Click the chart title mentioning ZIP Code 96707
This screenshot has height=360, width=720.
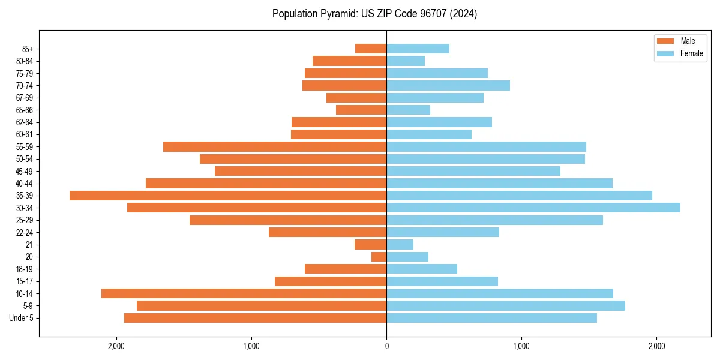(374, 14)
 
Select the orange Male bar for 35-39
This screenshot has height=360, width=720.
(228, 196)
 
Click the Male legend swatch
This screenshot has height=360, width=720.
(665, 41)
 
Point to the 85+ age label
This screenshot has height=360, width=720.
(28, 49)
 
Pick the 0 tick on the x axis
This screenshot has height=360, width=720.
(386, 346)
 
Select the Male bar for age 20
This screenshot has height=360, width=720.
(379, 257)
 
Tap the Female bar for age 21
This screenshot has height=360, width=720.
(400, 245)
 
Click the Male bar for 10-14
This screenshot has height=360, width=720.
(244, 293)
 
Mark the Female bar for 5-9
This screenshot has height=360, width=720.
(505, 306)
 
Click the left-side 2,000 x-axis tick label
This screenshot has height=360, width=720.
(116, 346)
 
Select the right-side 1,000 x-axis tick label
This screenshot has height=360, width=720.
(521, 346)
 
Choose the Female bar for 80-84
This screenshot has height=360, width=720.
(406, 61)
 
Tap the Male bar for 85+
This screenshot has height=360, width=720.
(371, 49)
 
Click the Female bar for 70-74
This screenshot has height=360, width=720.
(448, 86)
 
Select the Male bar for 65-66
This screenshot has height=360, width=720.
(361, 110)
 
